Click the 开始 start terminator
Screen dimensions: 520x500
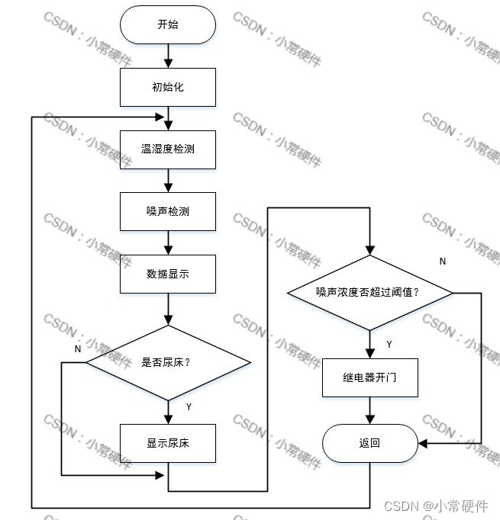pos(168,24)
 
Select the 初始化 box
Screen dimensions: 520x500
pos(168,87)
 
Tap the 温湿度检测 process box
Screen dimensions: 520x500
pos(168,149)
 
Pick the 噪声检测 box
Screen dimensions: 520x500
pos(168,210)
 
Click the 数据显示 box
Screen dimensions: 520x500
pos(168,273)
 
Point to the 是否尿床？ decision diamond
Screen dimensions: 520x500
pos(168,362)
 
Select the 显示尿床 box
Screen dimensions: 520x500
pos(168,443)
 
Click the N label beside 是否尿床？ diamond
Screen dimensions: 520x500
pos(78,348)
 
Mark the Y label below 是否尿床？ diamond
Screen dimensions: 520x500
pos(189,406)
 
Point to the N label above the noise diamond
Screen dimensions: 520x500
pos(443,262)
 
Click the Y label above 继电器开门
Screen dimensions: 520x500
pos(389,345)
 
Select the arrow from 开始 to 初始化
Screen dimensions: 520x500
pos(168,56)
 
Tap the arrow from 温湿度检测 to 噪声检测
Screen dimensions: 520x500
pos(168,180)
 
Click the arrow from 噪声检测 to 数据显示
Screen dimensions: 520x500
pos(168,242)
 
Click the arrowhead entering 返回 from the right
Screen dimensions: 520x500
pos(422,443)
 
